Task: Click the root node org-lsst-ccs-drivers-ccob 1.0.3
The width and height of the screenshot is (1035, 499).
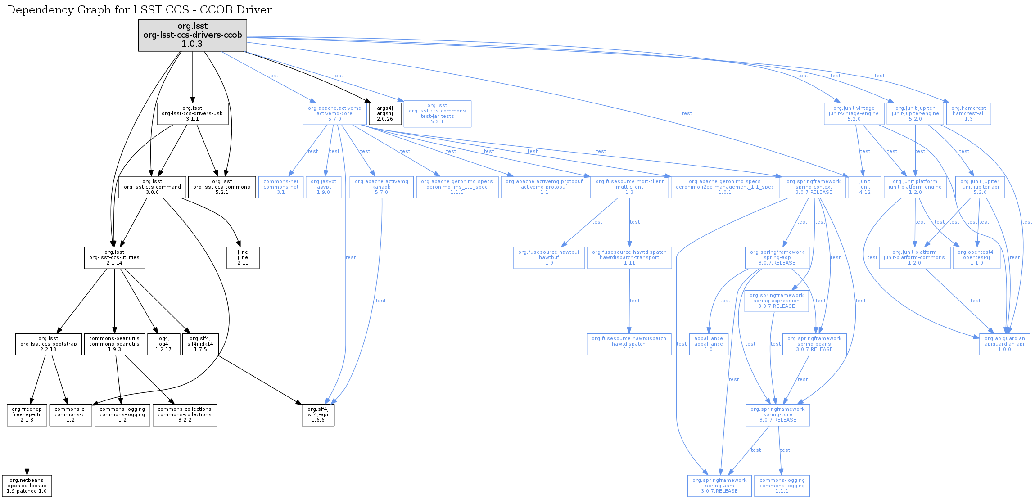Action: pyautogui.click(x=192, y=35)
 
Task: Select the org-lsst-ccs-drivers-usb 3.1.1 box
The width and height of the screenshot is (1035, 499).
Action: pyautogui.click(x=192, y=114)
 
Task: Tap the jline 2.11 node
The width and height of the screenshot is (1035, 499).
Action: pyautogui.click(x=243, y=258)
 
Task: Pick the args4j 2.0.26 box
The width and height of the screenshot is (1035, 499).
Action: pyautogui.click(x=385, y=114)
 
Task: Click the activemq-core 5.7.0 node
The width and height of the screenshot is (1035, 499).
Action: pyautogui.click(x=334, y=114)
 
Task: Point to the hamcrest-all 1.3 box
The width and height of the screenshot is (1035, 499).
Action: pyautogui.click(x=968, y=114)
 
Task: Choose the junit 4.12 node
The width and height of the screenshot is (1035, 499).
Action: pyautogui.click(x=864, y=187)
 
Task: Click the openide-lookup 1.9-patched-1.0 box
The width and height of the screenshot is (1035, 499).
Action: pyautogui.click(x=27, y=486)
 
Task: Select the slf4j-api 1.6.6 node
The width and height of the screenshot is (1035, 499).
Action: pyautogui.click(x=318, y=415)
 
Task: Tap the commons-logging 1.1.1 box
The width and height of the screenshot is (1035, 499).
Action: pyautogui.click(x=782, y=486)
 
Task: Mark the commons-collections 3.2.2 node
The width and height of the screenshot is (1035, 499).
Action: pyautogui.click(x=185, y=415)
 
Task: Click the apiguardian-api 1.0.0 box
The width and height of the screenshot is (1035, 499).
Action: pyautogui.click(x=1004, y=344)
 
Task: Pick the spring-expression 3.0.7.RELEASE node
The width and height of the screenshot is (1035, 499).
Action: pyautogui.click(x=776, y=301)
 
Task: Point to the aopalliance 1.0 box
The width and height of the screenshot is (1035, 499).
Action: pyautogui.click(x=708, y=344)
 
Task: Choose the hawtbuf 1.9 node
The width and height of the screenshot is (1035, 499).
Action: pyautogui.click(x=549, y=258)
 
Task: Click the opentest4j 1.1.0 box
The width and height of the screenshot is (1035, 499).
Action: pyautogui.click(x=976, y=258)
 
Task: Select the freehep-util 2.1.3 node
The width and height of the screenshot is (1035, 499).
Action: pyautogui.click(x=27, y=415)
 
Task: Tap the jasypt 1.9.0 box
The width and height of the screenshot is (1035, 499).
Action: pyautogui.click(x=323, y=187)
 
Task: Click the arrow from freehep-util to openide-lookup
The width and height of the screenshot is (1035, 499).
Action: pyautogui.click(x=27, y=450)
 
